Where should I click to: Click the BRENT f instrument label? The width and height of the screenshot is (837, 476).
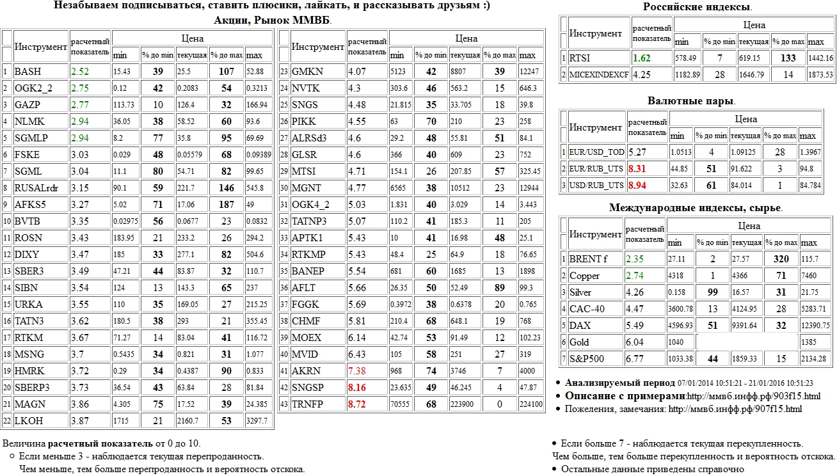(586, 259)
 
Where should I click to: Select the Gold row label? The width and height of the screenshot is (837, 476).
(579, 342)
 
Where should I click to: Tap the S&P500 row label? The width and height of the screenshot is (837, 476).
(586, 359)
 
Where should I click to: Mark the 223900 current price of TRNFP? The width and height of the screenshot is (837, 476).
(466, 404)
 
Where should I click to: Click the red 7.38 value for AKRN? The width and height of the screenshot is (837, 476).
(356, 371)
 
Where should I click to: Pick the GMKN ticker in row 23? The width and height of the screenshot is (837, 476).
(307, 72)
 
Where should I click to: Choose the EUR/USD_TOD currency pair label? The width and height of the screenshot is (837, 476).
(596, 152)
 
